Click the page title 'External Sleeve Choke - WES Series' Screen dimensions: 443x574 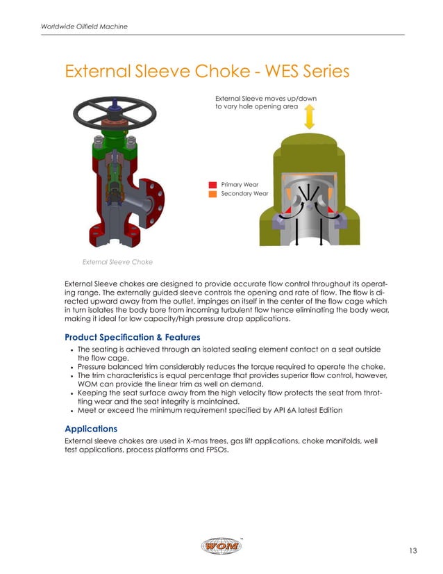click(x=206, y=72)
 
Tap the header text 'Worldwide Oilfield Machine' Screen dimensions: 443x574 click(x=83, y=26)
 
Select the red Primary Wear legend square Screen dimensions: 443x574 click(x=213, y=184)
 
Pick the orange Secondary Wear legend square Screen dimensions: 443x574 click(x=213, y=194)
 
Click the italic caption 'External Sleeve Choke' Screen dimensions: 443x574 click(x=117, y=262)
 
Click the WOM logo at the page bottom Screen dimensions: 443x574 click(x=221, y=547)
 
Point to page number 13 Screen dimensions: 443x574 click(x=412, y=551)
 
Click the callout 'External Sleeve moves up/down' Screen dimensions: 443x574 click(x=266, y=99)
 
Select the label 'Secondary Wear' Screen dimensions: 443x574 click(x=244, y=194)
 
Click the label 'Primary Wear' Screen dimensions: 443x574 click(x=240, y=184)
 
